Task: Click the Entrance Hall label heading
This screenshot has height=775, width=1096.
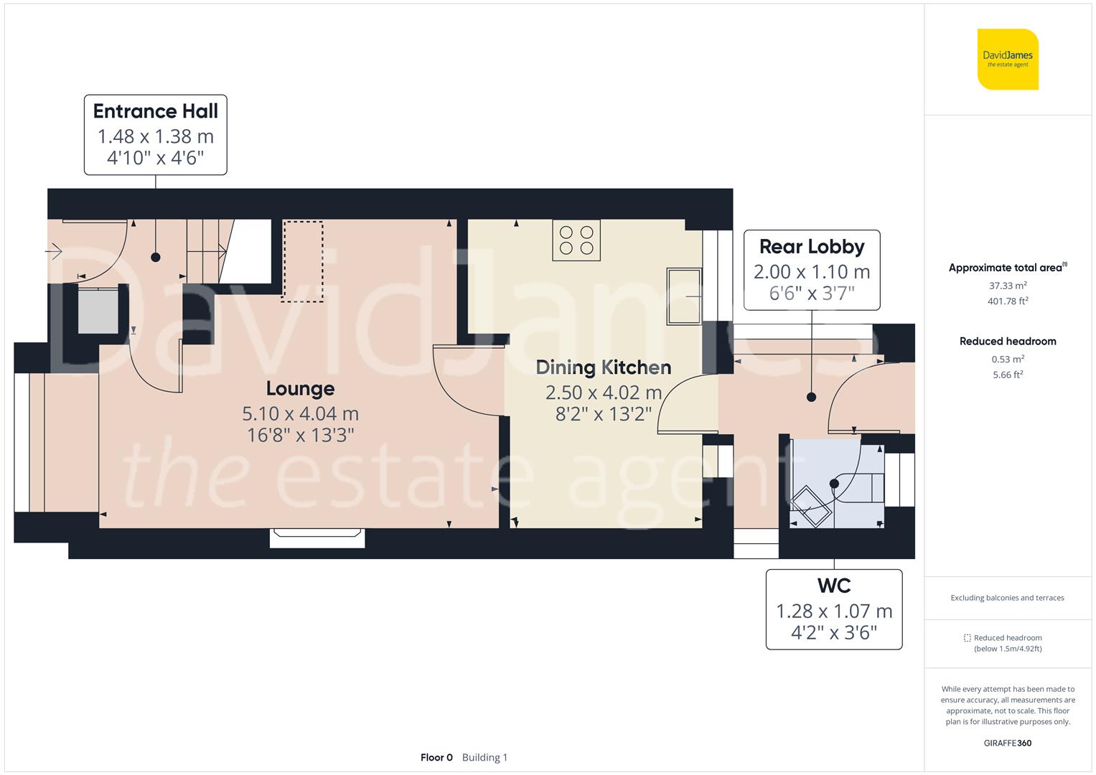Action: coord(156,111)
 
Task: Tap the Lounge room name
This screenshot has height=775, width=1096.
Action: coord(300,389)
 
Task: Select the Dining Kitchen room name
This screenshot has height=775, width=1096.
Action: coord(604,367)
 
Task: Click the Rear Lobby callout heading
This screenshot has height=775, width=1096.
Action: coord(812,247)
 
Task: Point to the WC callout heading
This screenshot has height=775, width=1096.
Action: coord(834,586)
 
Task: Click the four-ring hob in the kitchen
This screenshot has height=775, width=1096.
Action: coord(576,240)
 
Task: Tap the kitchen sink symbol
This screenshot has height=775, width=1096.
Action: coord(684,296)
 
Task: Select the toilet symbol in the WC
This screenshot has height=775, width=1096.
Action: coord(810,507)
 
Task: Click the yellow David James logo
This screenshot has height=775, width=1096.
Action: coord(1008,59)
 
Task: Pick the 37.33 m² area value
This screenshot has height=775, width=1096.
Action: coord(1008,286)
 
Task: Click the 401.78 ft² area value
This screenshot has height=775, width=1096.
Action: coord(1008,301)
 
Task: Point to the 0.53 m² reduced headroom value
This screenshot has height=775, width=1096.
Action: coord(1008,359)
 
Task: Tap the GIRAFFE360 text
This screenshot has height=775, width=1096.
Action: coord(1008,743)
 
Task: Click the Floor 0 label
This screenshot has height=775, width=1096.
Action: coord(436,757)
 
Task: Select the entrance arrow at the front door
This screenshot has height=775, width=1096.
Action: coord(54,252)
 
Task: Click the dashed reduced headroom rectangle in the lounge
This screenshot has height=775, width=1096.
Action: coord(302,261)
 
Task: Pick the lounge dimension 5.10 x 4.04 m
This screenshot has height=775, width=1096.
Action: coord(300,414)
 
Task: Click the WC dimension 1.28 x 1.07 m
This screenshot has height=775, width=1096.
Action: coord(834,611)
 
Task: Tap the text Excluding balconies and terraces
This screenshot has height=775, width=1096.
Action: coord(1007,598)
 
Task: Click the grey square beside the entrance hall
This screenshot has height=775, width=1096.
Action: coord(98,311)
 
